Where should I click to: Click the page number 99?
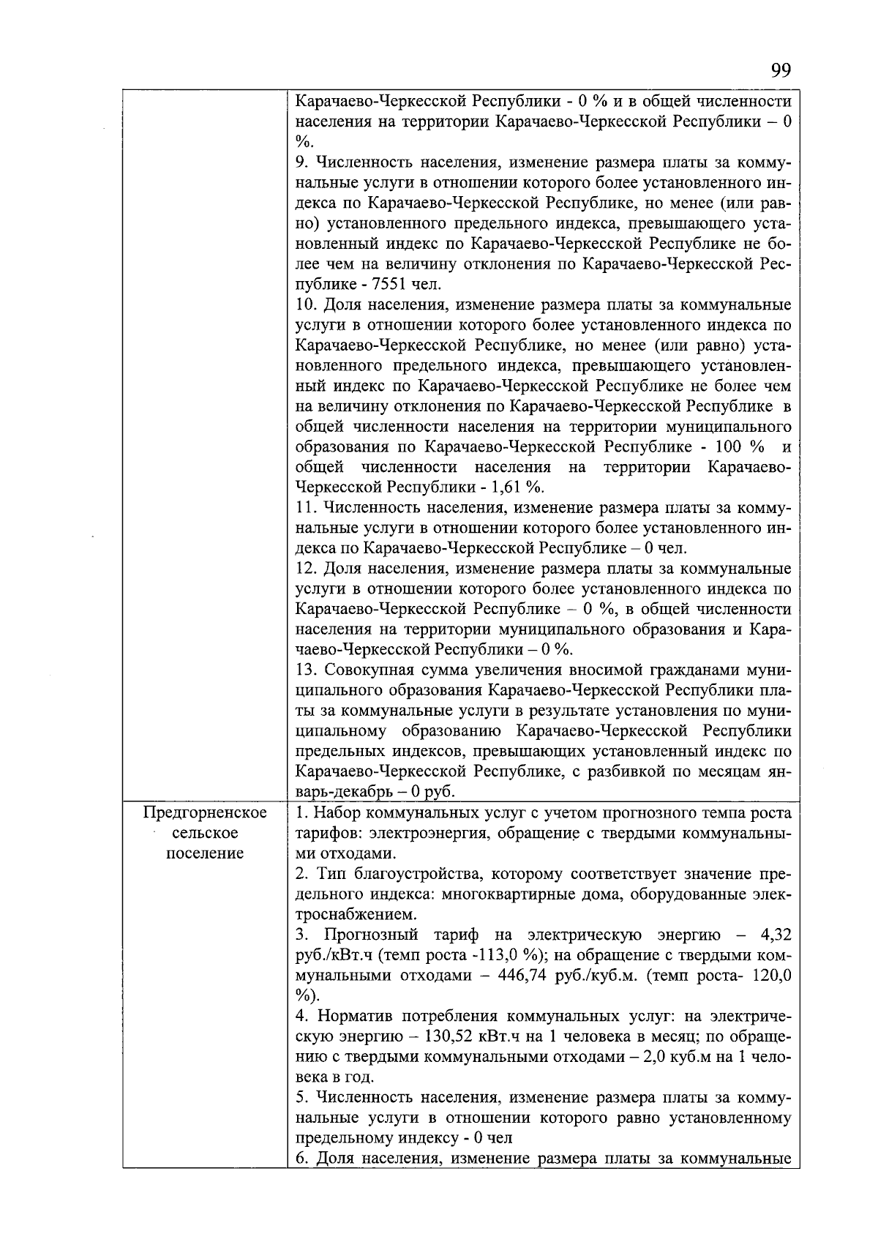tap(781, 71)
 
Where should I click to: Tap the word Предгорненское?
tap(205, 813)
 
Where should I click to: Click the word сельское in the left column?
tap(205, 833)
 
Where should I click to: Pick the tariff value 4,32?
tap(776, 935)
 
